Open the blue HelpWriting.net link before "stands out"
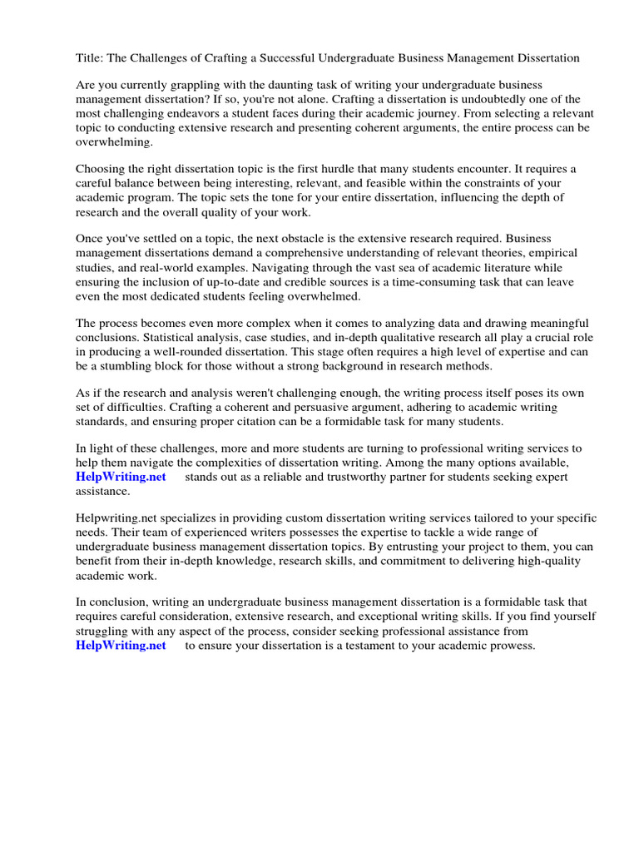(x=121, y=477)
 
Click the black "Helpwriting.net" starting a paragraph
(x=115, y=518)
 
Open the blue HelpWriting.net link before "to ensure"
(x=121, y=645)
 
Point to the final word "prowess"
(x=510, y=645)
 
